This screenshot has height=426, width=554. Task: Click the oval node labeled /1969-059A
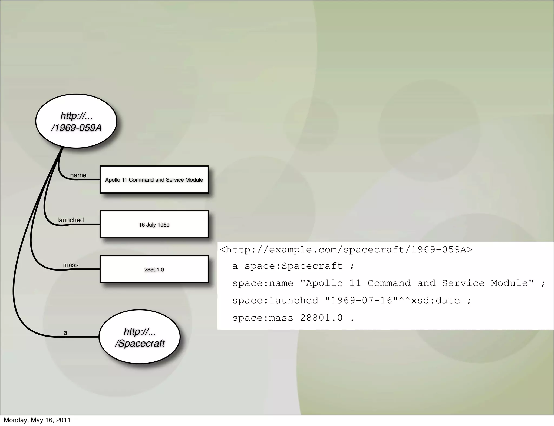pyautogui.click(x=76, y=121)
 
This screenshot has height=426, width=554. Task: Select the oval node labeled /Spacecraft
pyautogui.click(x=140, y=337)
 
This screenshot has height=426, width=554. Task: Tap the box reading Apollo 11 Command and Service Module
pyautogui.click(x=154, y=180)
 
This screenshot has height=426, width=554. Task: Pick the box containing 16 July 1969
pyautogui.click(x=154, y=225)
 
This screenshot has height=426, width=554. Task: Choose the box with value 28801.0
pyautogui.click(x=154, y=269)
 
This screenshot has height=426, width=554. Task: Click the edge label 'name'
pyautogui.click(x=78, y=175)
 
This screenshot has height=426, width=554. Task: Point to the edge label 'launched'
pyautogui.click(x=71, y=220)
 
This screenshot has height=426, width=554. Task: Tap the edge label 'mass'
pyautogui.click(x=71, y=265)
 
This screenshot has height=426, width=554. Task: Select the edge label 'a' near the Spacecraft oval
pyautogui.click(x=65, y=333)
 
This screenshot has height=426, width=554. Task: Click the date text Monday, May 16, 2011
pyautogui.click(x=37, y=420)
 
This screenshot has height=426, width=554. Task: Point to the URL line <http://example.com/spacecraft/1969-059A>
pyautogui.click(x=346, y=249)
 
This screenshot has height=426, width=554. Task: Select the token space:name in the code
pyautogui.click(x=263, y=283)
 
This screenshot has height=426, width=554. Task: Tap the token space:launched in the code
pyautogui.click(x=275, y=301)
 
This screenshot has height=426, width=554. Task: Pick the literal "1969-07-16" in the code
pyautogui.click(x=358, y=301)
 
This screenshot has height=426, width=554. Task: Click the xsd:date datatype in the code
pyautogui.click(x=435, y=301)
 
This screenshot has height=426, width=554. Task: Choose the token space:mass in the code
pyautogui.click(x=263, y=318)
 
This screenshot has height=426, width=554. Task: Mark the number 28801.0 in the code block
pyautogui.click(x=321, y=318)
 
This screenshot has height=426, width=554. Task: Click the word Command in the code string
pyautogui.click(x=389, y=283)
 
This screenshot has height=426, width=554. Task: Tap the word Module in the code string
pyautogui.click(x=509, y=283)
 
